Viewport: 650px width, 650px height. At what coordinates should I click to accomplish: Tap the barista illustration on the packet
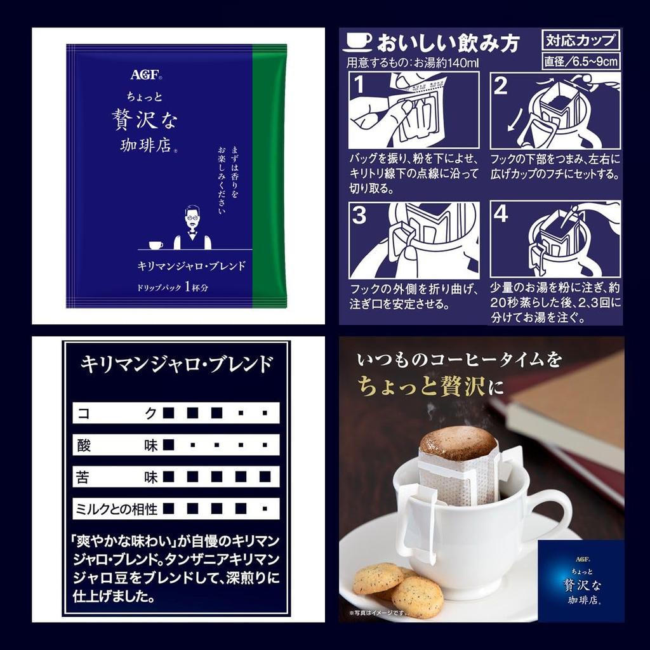click(x=192, y=229)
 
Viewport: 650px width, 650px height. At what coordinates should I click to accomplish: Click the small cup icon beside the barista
click(x=156, y=245)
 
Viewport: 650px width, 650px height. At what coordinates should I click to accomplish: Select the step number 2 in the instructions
click(x=501, y=85)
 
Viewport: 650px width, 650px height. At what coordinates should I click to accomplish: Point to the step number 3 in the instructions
click(x=359, y=216)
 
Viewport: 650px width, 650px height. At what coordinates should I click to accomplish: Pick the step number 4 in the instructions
click(x=501, y=215)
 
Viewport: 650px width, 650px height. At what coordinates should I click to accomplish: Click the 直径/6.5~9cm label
click(x=580, y=62)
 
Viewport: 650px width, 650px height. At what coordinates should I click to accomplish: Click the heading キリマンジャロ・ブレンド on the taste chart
click(x=176, y=364)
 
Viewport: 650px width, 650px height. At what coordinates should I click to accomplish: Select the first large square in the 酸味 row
click(x=168, y=444)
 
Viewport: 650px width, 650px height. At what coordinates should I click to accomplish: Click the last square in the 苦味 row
click(x=265, y=476)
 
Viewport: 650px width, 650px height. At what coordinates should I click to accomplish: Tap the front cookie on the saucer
click(x=416, y=597)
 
